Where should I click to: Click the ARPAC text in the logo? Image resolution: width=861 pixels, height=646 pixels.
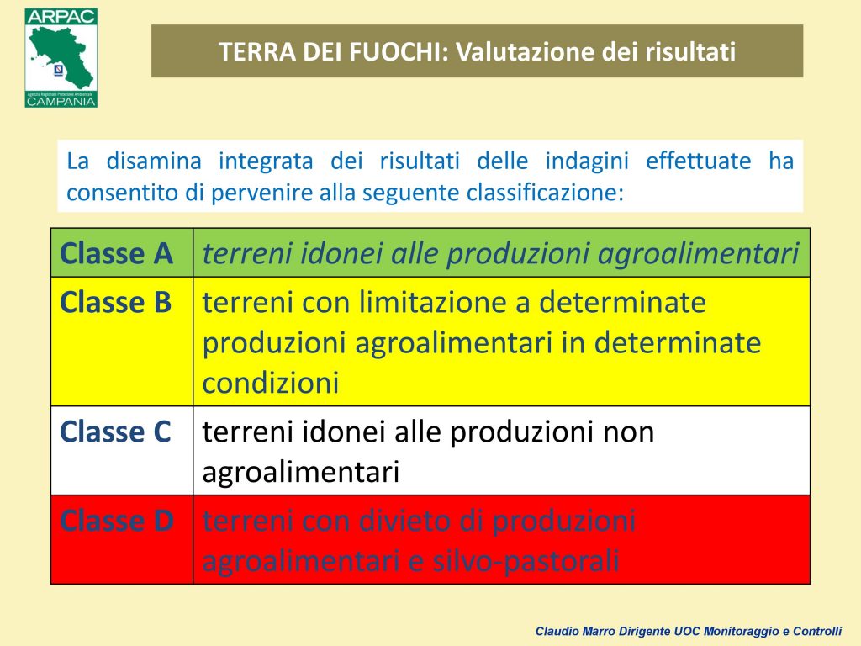pos(61,17)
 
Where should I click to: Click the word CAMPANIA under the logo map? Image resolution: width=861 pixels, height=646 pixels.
pos(61,102)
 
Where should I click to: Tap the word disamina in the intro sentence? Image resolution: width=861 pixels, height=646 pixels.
pos(154,161)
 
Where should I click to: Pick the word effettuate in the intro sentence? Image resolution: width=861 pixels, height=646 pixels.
pos(698,161)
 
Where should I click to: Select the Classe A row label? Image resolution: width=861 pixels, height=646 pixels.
pos(116,254)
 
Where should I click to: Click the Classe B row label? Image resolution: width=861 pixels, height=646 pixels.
pos(115,303)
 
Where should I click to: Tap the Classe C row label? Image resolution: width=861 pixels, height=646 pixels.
pos(115,432)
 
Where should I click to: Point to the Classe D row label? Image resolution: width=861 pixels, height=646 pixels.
pos(117,520)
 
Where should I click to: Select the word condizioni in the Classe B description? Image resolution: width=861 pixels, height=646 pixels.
pos(270,383)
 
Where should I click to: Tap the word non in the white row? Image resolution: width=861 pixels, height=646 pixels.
pos(628,432)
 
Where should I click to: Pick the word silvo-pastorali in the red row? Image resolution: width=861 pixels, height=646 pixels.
pos(526,561)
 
